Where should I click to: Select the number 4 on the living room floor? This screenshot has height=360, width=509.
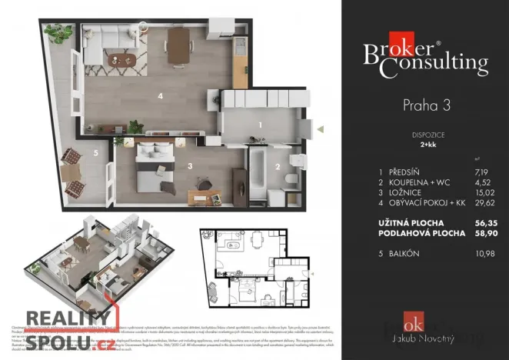tap(160, 96)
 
